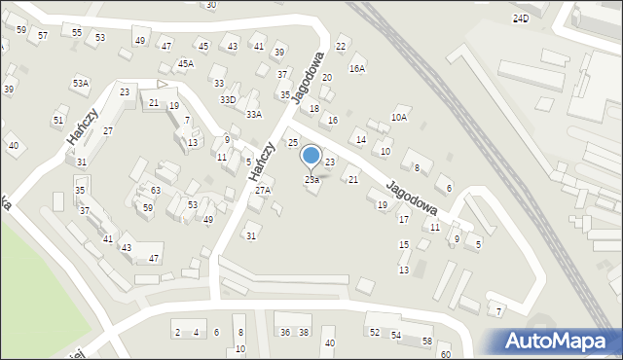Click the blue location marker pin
[x=311, y=156]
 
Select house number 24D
[x=521, y=18]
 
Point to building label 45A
[x=185, y=64]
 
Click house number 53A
[x=80, y=84]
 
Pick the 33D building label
[x=228, y=99]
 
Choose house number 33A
[x=254, y=115]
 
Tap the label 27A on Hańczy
[x=263, y=191]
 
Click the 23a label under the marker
[x=311, y=180]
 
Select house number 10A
[x=399, y=118]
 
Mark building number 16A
[x=357, y=69]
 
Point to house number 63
[x=156, y=191]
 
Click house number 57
[x=43, y=36]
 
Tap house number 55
[x=77, y=32]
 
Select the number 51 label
[x=58, y=121]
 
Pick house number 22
[x=341, y=47]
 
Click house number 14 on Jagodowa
[x=361, y=140]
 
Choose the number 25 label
[x=292, y=144]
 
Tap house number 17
[x=404, y=221]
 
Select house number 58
[x=427, y=342]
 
